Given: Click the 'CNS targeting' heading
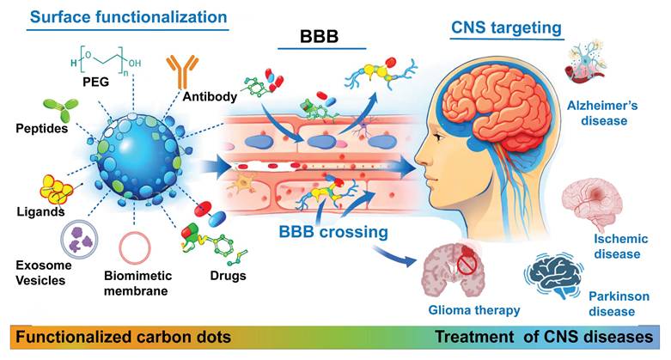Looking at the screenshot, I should (x=508, y=27).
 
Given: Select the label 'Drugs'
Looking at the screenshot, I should (x=228, y=277).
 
